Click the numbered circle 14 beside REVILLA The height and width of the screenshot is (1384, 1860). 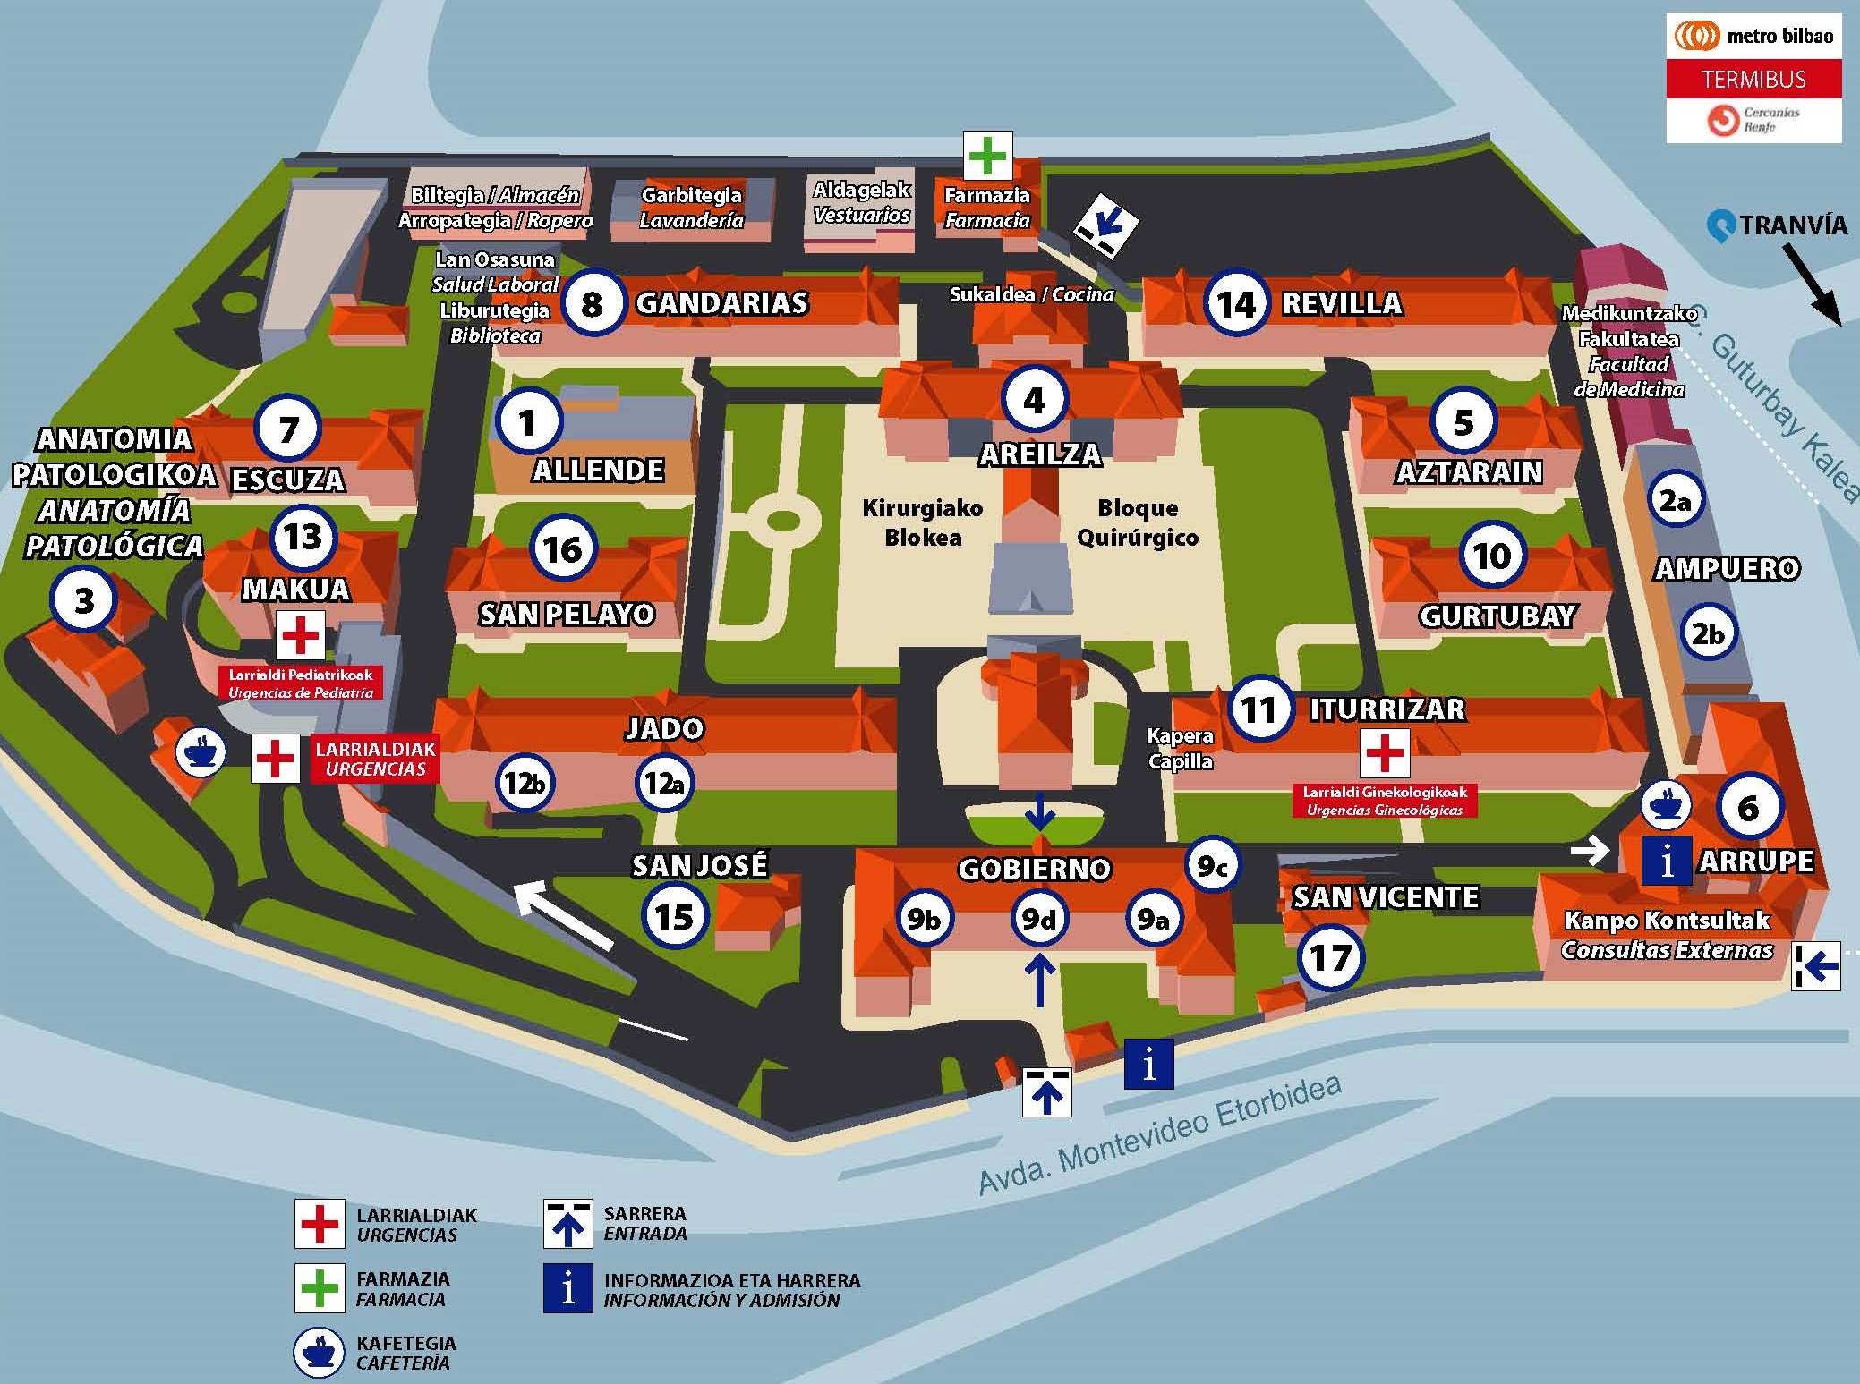[1236, 304]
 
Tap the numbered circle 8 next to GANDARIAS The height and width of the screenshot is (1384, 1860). [592, 304]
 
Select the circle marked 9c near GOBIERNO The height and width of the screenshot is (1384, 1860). [1213, 865]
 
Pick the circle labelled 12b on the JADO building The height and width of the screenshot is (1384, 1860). [524, 784]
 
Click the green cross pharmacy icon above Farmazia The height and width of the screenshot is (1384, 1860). [987, 156]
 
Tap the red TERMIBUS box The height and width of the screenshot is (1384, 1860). [1753, 80]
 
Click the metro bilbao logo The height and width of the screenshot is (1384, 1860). [1753, 36]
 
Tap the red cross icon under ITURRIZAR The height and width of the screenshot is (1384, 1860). [1385, 752]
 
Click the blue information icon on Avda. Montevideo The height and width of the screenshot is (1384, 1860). [1148, 1064]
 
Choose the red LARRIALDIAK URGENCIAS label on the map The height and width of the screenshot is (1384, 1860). [375, 759]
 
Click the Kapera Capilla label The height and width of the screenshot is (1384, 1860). [1180, 749]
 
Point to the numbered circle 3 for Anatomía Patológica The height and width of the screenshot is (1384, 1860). [83, 600]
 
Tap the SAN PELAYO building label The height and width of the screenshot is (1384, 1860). [567, 615]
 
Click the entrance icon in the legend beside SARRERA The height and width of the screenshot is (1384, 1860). [567, 1224]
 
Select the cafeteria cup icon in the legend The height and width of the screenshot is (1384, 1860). [319, 1353]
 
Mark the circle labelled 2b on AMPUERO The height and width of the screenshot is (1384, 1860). [1708, 633]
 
